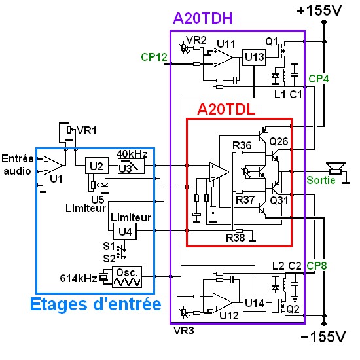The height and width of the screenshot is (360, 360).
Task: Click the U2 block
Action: tap(97, 166)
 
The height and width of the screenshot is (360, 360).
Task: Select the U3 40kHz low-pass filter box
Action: tap(131, 166)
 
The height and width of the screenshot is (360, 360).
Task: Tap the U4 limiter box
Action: tap(124, 231)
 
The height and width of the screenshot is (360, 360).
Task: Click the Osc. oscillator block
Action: tap(127, 277)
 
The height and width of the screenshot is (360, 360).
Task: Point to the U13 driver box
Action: tap(254, 58)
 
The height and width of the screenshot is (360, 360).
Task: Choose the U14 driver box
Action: tap(255, 303)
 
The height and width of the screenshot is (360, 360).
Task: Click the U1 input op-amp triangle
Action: tap(52, 166)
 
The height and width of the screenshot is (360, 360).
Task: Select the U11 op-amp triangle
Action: tap(223, 58)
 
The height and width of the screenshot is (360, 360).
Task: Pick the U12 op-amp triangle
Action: tap(223, 303)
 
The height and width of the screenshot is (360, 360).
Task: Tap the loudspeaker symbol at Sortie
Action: tap(336, 169)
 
